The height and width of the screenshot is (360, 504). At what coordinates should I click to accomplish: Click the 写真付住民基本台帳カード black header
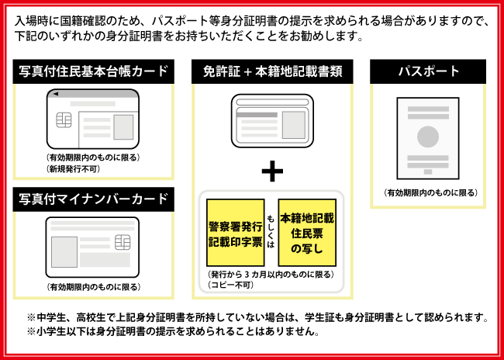(94, 72)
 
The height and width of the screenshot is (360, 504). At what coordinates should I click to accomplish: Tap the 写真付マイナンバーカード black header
(94, 199)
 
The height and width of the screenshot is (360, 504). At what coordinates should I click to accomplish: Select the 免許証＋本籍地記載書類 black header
(272, 72)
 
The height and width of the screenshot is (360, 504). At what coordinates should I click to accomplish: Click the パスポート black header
(428, 72)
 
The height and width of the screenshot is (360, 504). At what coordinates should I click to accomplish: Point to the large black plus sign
(272, 171)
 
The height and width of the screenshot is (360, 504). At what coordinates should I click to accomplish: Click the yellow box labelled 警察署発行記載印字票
(235, 233)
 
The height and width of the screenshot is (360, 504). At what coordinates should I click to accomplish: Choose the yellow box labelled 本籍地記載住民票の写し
(307, 233)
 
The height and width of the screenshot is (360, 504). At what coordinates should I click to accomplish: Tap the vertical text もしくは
(271, 233)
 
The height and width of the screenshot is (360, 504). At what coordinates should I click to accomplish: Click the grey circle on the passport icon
(428, 137)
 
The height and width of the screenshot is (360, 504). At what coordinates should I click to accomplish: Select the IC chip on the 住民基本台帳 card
(65, 122)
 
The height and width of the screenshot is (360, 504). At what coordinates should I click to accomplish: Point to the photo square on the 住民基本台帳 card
(123, 126)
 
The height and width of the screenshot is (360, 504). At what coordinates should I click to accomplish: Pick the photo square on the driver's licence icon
(293, 125)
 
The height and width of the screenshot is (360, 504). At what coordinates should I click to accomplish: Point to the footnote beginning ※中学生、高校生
(257, 317)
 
